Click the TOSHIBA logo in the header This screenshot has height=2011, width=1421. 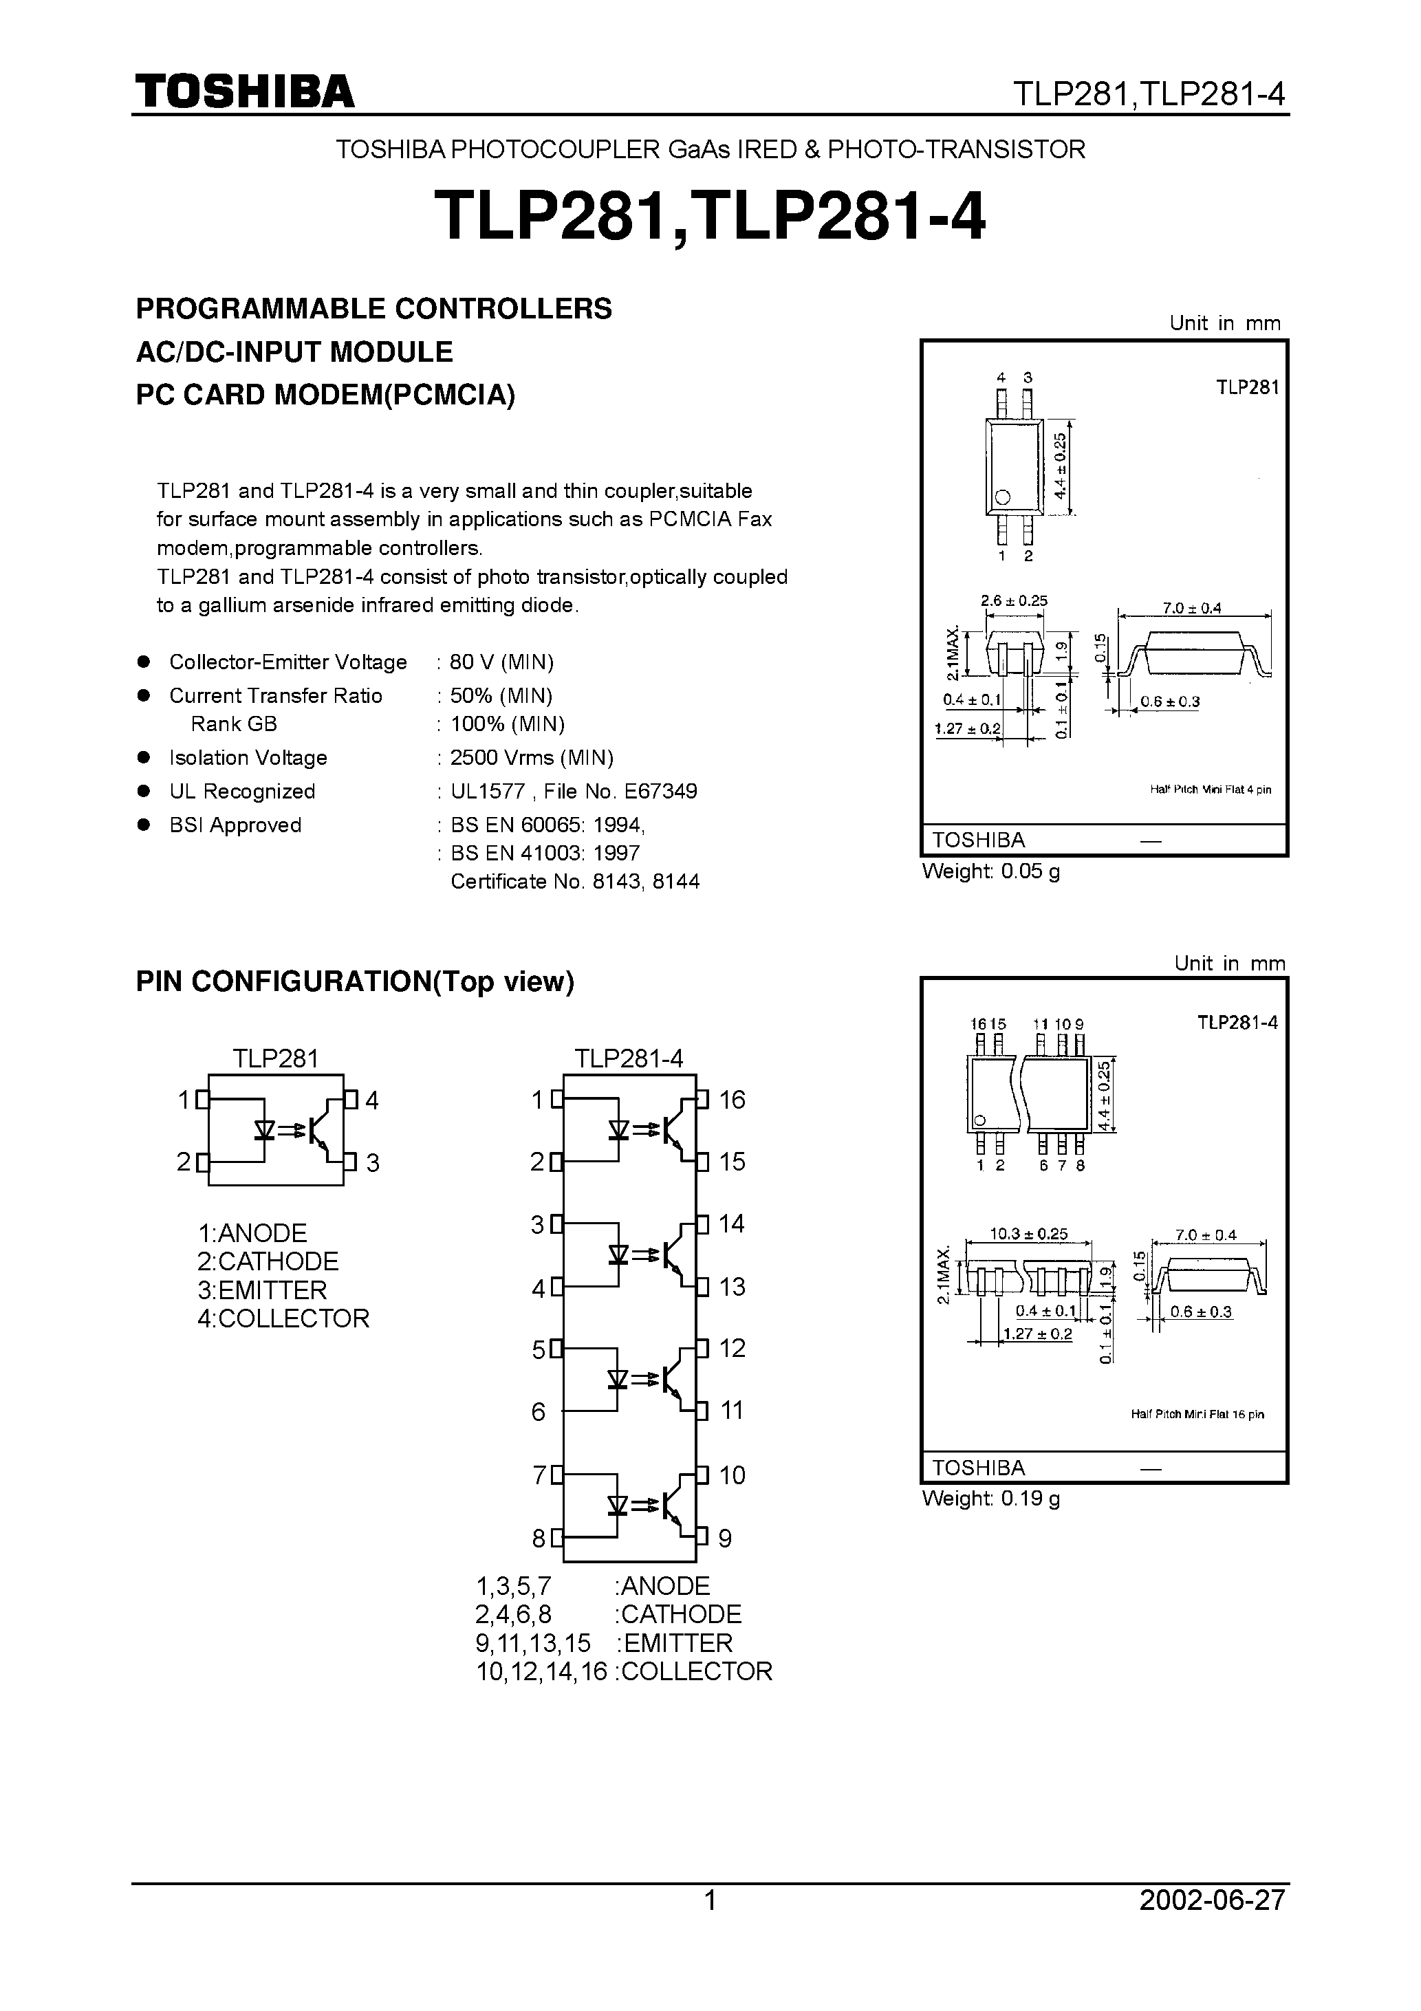tap(244, 91)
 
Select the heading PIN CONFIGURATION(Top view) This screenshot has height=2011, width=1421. tap(355, 982)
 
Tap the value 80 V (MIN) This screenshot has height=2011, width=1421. tap(501, 662)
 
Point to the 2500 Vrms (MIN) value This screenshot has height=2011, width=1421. tap(531, 758)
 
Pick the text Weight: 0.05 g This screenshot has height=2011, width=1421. tap(991, 871)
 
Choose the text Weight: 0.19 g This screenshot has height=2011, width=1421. tap(991, 1499)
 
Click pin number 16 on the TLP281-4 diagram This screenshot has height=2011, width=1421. tap(732, 1100)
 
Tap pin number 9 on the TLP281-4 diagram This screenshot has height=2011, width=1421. tap(724, 1539)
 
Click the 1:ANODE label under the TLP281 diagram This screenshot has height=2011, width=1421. tap(252, 1233)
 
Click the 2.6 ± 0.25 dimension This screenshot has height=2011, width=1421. tap(1014, 601)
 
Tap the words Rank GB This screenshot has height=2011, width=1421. tap(234, 724)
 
